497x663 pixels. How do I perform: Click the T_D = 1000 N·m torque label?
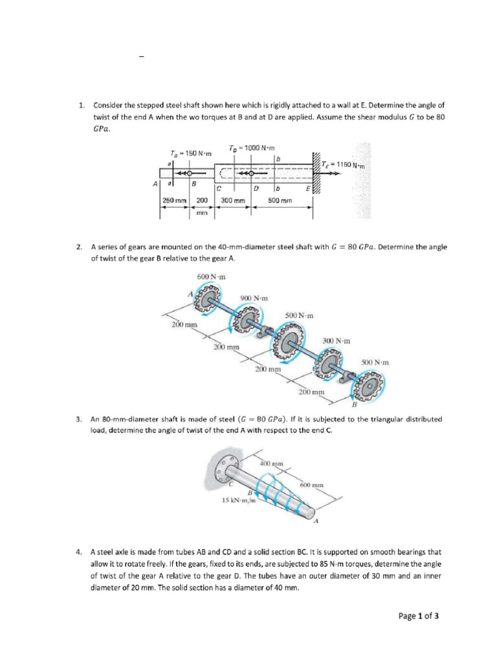[x=252, y=148]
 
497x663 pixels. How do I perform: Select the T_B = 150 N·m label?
[x=191, y=153]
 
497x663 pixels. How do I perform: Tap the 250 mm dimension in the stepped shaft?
[x=175, y=201]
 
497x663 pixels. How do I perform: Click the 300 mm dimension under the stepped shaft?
[x=233, y=201]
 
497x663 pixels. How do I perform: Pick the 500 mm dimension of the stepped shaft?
[x=280, y=201]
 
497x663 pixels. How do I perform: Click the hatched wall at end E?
[x=316, y=172]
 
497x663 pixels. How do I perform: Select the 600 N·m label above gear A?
[x=212, y=277]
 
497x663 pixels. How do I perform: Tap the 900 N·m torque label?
[x=254, y=298]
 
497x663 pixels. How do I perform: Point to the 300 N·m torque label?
[x=337, y=341]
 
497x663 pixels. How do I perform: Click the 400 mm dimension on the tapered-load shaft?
[x=271, y=464]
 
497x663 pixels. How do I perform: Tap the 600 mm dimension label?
[x=312, y=485]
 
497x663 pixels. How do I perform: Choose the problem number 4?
[x=78, y=552]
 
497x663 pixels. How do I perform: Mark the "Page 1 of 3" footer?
[x=419, y=616]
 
